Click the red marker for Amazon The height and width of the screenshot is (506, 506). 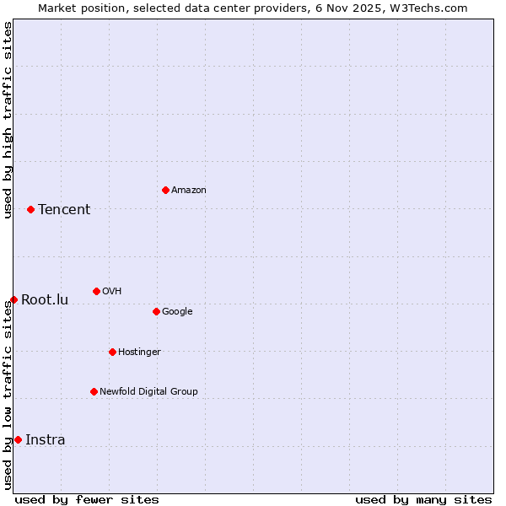click(x=165, y=190)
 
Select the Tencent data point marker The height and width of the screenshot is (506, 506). click(x=30, y=209)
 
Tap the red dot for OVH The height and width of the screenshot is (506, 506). click(x=96, y=291)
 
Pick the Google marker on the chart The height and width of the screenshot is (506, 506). click(x=156, y=311)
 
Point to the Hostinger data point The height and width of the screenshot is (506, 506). click(x=112, y=352)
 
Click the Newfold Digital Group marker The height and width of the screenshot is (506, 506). click(x=94, y=391)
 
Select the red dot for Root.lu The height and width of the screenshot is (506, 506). click(x=13, y=299)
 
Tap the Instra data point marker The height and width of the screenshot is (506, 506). click(x=18, y=439)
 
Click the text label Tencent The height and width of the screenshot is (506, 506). click(x=64, y=209)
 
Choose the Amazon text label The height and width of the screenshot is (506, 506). click(x=189, y=190)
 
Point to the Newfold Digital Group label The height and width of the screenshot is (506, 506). click(x=148, y=391)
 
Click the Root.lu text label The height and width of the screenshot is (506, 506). click(x=45, y=299)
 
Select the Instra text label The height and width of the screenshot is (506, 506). click(x=46, y=439)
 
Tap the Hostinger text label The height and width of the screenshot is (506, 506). click(x=139, y=352)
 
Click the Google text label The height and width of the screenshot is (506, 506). click(x=177, y=311)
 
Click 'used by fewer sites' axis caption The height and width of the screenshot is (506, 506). click(x=87, y=499)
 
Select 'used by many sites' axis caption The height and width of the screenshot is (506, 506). click(x=423, y=499)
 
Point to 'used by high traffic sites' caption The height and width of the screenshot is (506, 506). click(x=8, y=120)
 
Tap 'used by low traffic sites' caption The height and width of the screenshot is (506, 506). click(x=8, y=395)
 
